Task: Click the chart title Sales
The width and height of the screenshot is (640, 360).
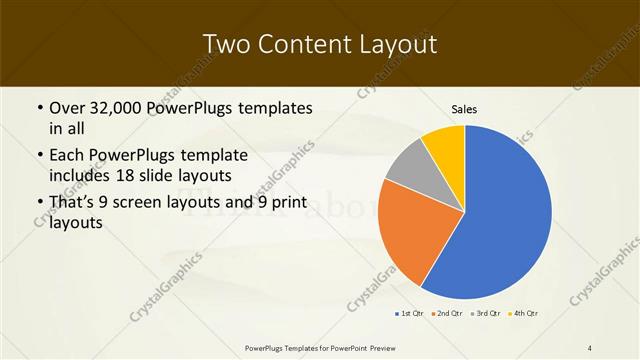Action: pyautogui.click(x=464, y=108)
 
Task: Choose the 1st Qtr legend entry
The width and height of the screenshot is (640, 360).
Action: pyautogui.click(x=408, y=314)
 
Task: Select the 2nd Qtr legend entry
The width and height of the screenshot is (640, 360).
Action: pyautogui.click(x=446, y=314)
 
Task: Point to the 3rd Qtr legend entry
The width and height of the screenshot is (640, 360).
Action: pyautogui.click(x=485, y=314)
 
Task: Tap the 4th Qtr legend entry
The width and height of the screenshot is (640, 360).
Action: pyautogui.click(x=524, y=314)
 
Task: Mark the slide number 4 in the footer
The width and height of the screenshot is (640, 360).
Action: pyautogui.click(x=590, y=347)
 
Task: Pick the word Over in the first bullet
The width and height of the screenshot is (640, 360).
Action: pyautogui.click(x=66, y=108)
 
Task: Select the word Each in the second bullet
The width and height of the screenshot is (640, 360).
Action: pyautogui.click(x=66, y=156)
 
